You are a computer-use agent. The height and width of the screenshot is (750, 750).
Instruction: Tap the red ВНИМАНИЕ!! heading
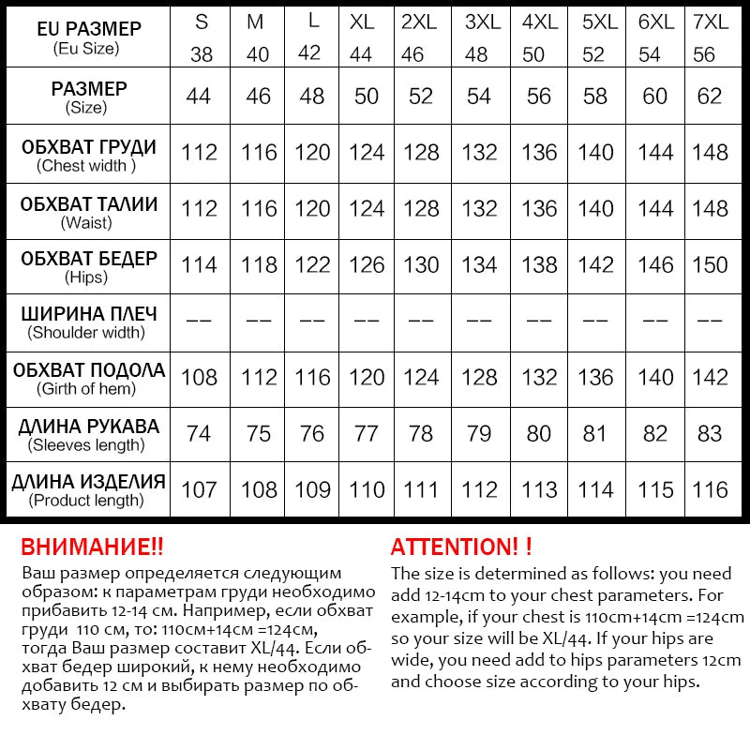[x=92, y=547]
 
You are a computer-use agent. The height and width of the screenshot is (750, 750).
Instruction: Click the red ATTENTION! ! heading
[x=461, y=547]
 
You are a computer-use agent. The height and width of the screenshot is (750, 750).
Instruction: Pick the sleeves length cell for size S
[x=199, y=434]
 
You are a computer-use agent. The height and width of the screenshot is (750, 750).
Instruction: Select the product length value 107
[x=199, y=489]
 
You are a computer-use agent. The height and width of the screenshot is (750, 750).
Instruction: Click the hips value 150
[x=710, y=265]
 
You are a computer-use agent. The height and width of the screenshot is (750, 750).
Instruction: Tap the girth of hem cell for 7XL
[x=710, y=377]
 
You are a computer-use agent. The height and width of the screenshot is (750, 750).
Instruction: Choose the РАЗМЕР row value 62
[x=710, y=96]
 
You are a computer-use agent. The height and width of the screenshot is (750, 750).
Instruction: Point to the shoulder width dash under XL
[x=367, y=321]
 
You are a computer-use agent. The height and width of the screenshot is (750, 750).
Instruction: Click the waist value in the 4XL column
[x=539, y=209]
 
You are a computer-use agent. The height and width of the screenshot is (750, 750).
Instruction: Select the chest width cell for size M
[x=259, y=153]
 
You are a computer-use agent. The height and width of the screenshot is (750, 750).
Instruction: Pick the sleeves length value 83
[x=710, y=434]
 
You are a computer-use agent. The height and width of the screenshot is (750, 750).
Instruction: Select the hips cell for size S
[x=199, y=265]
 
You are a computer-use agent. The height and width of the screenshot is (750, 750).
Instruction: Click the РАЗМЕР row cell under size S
[x=199, y=96]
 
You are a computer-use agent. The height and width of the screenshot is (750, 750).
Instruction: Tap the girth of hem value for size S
[x=199, y=377]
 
